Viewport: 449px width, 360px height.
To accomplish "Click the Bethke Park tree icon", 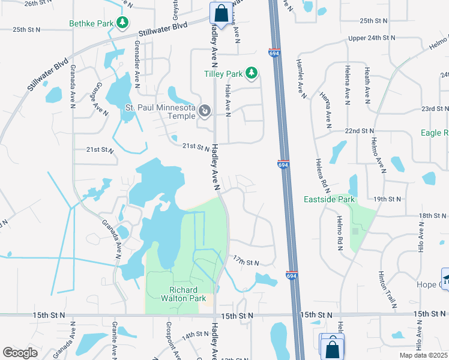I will click(x=123, y=23).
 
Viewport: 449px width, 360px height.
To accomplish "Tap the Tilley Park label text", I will click(x=222, y=74).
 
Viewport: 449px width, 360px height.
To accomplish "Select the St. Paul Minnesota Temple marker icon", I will click(x=205, y=110).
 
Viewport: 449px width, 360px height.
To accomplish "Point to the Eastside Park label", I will click(x=330, y=199).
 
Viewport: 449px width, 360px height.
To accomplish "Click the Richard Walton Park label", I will click(x=184, y=293).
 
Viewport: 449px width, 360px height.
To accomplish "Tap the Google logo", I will click(x=20, y=353).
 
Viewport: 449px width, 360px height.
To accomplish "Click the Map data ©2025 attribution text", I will click(x=423, y=355).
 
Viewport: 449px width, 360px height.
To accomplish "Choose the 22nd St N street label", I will click(x=360, y=130).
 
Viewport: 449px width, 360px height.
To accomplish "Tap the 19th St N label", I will click(x=387, y=199).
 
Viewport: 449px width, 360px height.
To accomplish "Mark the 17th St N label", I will click(x=246, y=263).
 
